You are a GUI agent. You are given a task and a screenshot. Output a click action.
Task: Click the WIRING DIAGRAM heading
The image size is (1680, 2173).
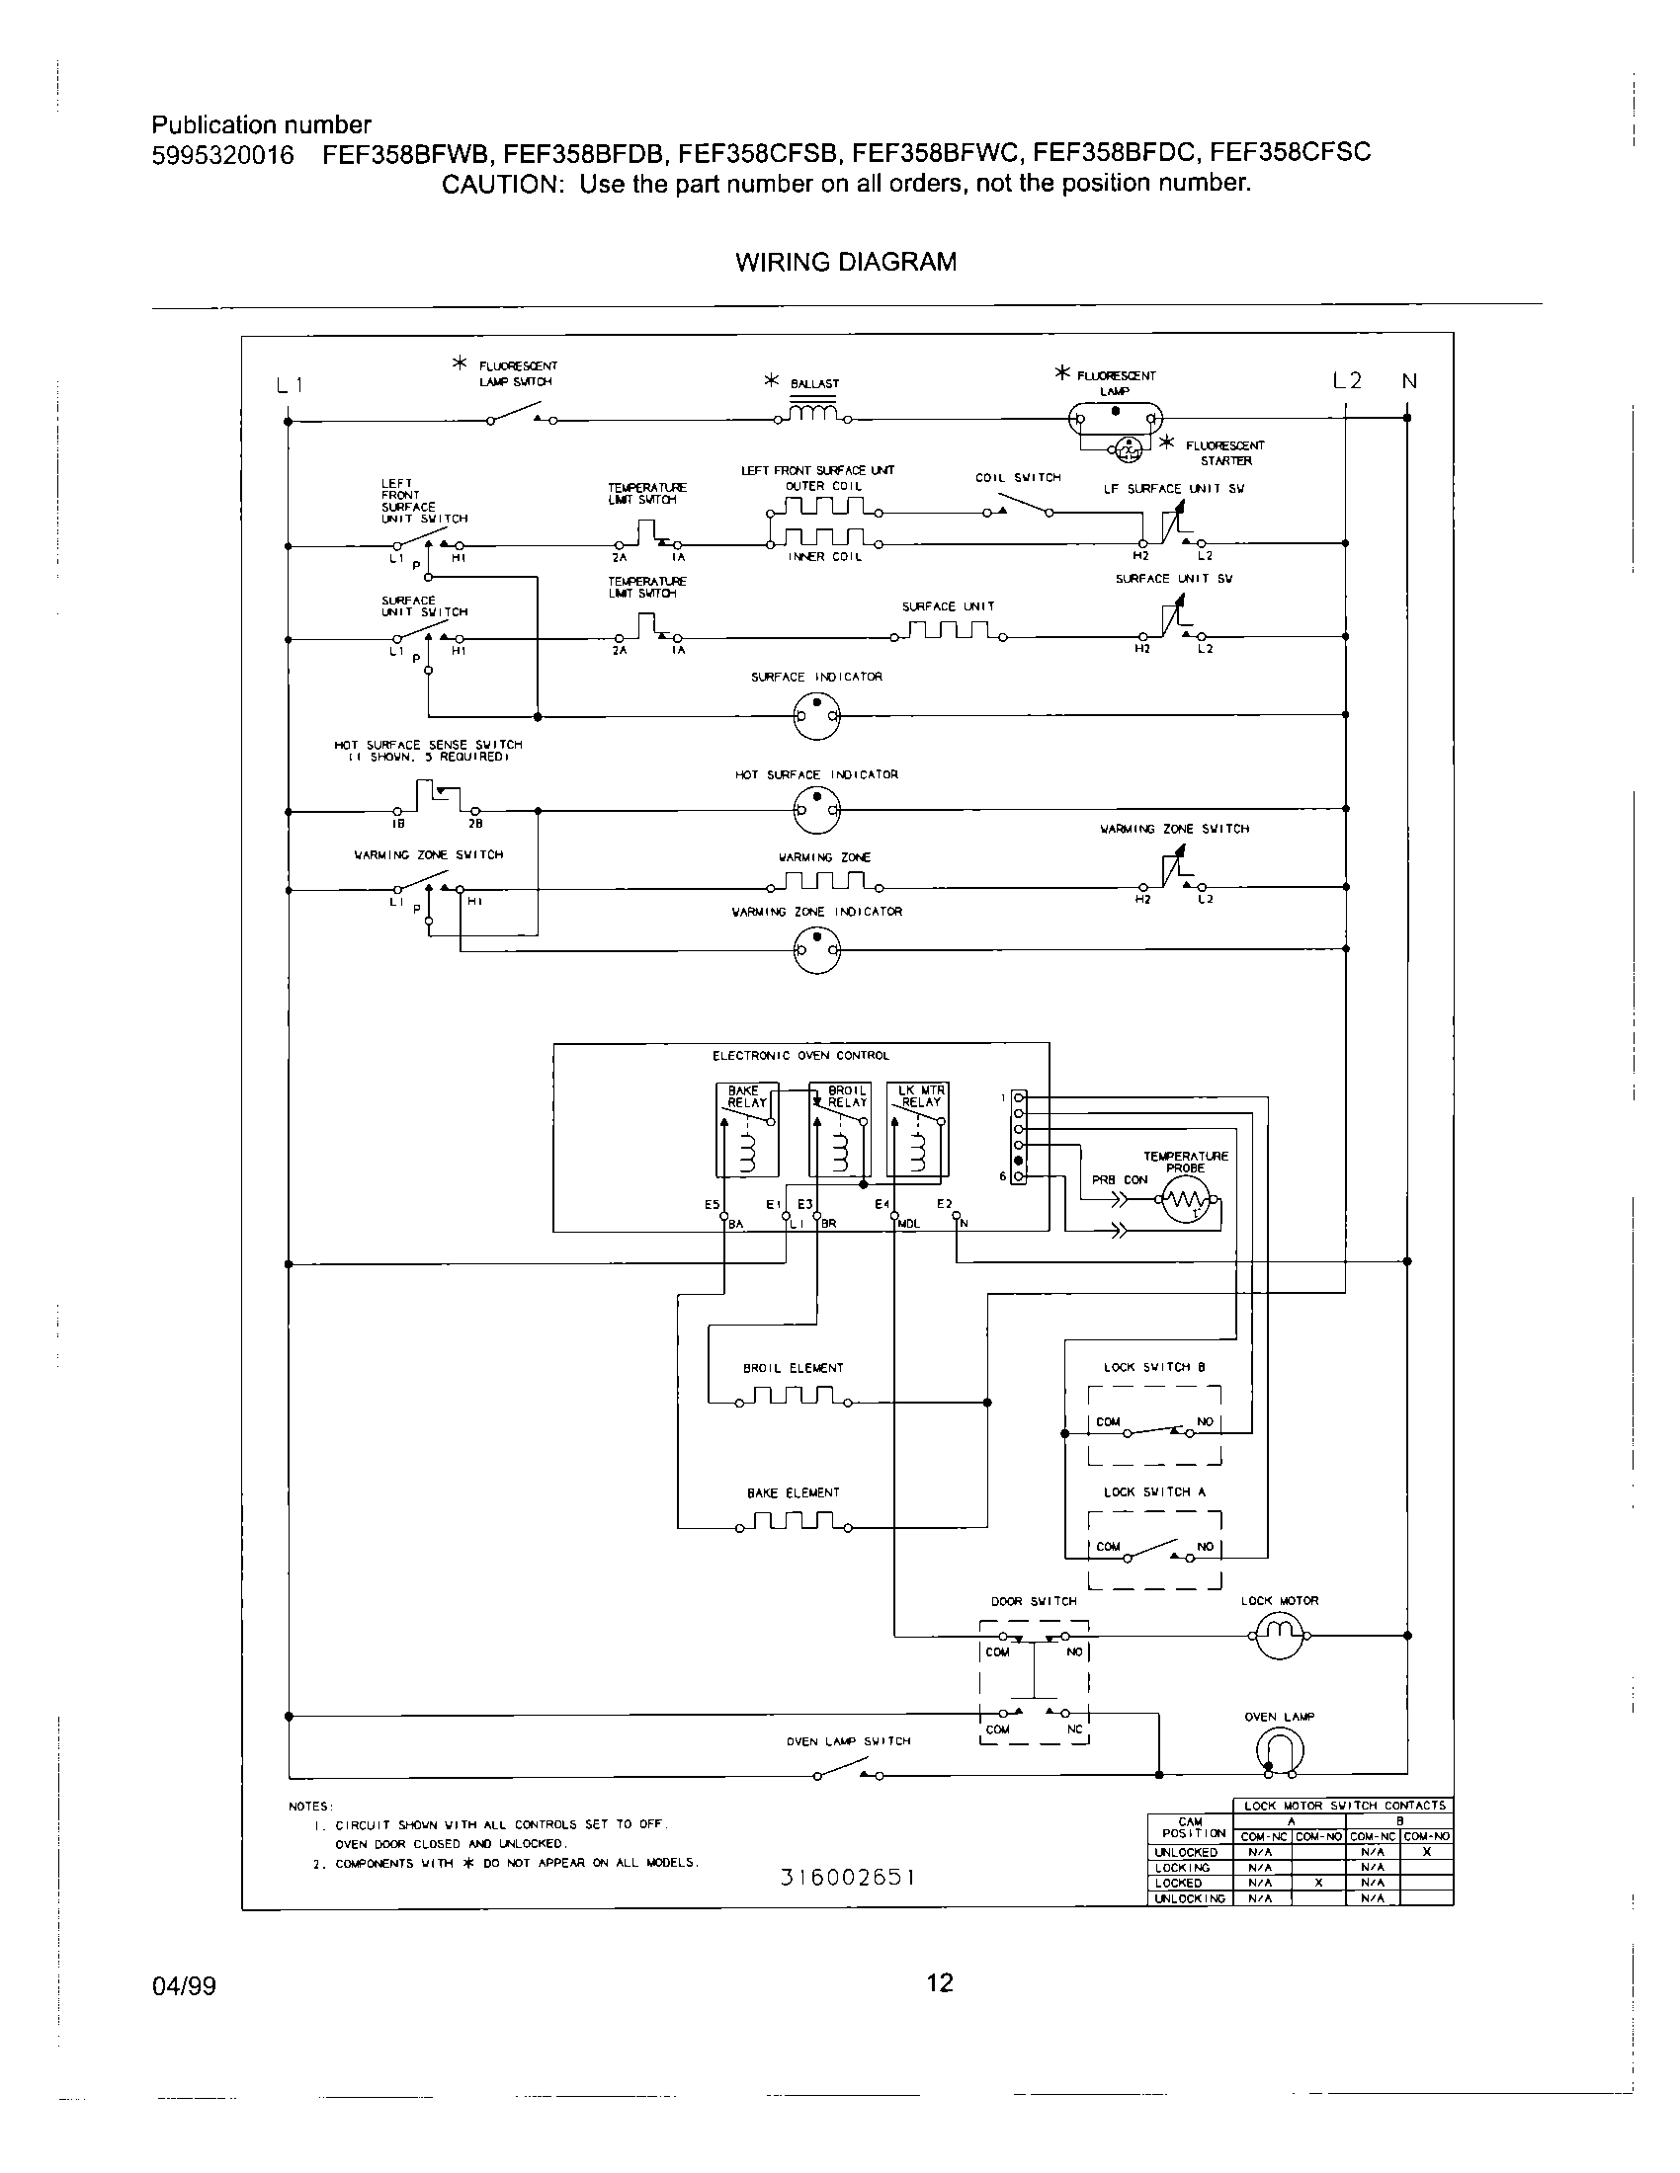pyautogui.click(x=845, y=262)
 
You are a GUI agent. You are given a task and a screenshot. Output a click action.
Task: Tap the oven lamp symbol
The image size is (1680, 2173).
pyautogui.click(x=1280, y=1749)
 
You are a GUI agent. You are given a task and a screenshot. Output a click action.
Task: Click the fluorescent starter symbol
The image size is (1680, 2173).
pyautogui.click(x=1128, y=450)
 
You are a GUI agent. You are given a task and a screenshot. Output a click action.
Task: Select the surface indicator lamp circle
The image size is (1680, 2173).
pyautogui.click(x=816, y=714)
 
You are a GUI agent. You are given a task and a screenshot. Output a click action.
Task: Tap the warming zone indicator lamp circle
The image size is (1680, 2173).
pyautogui.click(x=816, y=949)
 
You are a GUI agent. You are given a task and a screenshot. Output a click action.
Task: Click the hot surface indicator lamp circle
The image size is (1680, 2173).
pyautogui.click(x=816, y=811)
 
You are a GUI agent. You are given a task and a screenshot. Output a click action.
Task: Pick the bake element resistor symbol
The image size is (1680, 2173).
pyautogui.click(x=794, y=1523)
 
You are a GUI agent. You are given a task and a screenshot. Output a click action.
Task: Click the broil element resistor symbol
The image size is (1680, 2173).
pyautogui.click(x=794, y=1399)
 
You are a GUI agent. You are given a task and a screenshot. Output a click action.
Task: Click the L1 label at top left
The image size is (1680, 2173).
pyautogui.click(x=289, y=386)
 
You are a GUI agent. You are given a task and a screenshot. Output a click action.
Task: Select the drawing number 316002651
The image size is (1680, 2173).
pyautogui.click(x=847, y=1878)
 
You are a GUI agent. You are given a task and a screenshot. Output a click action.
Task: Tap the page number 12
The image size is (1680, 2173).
pyautogui.click(x=939, y=1984)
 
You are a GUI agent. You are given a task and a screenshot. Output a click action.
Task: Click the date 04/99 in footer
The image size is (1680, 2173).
pyautogui.click(x=183, y=1988)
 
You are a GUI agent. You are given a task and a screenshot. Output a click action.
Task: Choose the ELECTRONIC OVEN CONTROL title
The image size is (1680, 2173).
pyautogui.click(x=800, y=1056)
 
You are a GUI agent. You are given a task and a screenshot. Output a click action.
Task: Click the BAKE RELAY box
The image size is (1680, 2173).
pyautogui.click(x=746, y=1128)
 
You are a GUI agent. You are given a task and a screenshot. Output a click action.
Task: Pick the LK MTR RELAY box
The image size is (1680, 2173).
pyautogui.click(x=919, y=1128)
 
